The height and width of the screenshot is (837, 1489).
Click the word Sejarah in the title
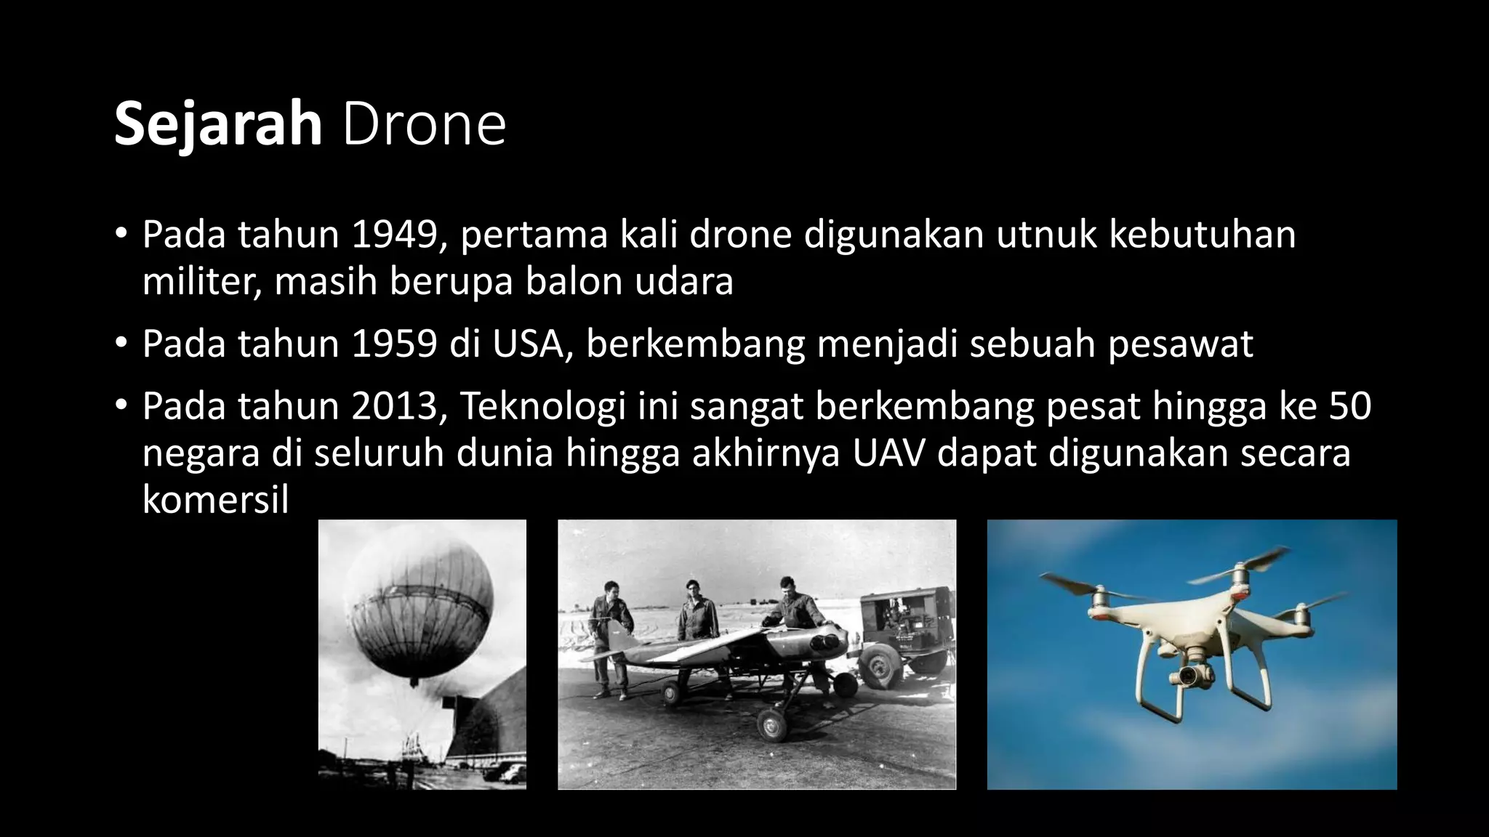(x=218, y=124)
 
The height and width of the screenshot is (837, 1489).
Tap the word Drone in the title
(x=424, y=124)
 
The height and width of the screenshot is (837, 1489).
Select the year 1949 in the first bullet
(x=395, y=235)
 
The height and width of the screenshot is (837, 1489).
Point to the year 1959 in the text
(x=395, y=344)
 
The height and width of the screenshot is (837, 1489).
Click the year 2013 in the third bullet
(x=395, y=405)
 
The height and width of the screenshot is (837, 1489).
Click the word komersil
(x=216, y=499)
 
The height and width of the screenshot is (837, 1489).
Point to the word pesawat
(x=1181, y=344)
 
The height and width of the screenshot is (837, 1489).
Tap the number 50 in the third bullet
(x=1350, y=405)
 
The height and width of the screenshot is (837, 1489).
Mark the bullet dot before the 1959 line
(x=121, y=342)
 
